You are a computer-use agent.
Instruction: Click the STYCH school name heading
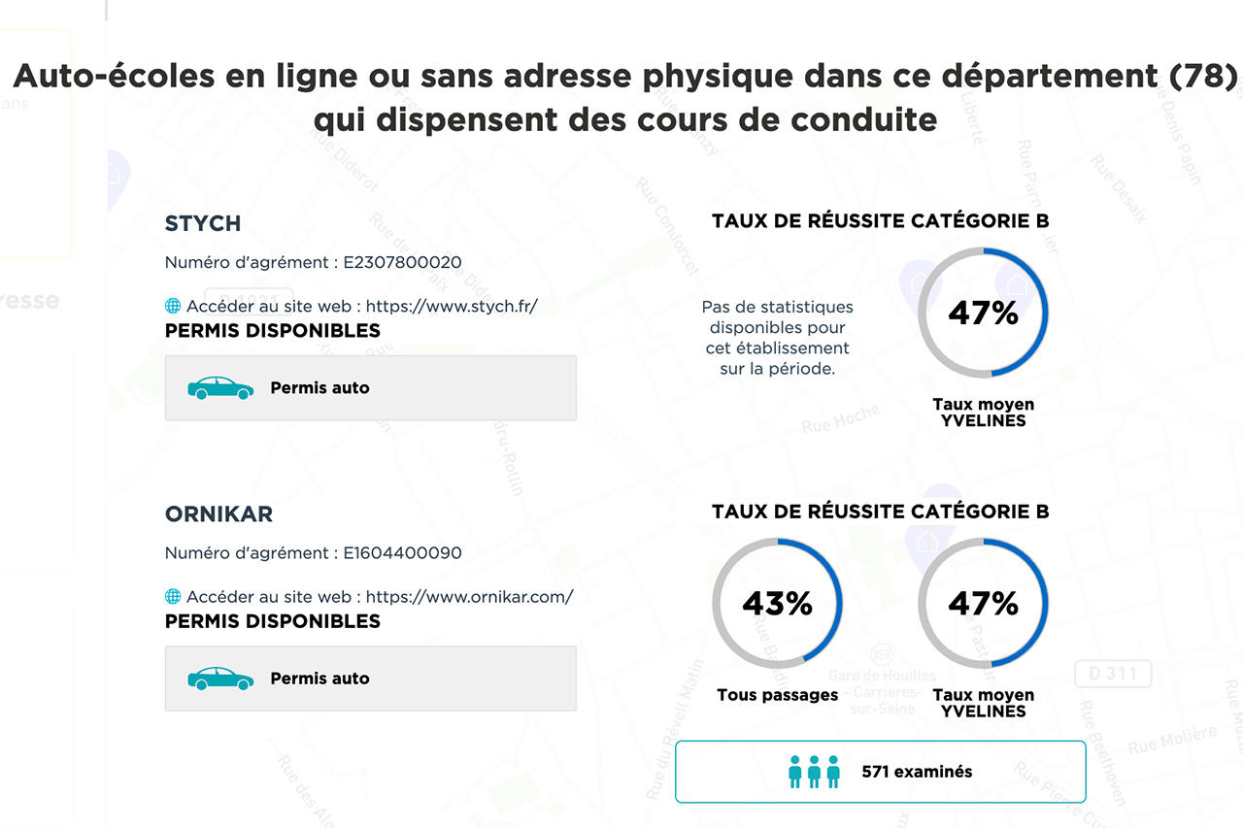pyautogui.click(x=202, y=223)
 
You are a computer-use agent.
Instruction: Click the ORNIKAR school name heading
pyautogui.click(x=218, y=514)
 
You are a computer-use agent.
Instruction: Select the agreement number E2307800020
pyautogui.click(x=402, y=262)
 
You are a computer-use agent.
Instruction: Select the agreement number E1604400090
pyautogui.click(x=402, y=553)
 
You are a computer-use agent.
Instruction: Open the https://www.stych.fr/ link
pyautogui.click(x=452, y=306)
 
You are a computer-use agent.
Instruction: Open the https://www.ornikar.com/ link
pyautogui.click(x=469, y=597)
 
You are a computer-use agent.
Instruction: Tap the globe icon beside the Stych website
pyautogui.click(x=173, y=306)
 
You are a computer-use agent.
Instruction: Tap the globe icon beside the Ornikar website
pyautogui.click(x=173, y=597)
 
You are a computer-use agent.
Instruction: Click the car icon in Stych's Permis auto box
pyautogui.click(x=220, y=388)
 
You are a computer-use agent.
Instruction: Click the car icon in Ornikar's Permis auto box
pyautogui.click(x=220, y=679)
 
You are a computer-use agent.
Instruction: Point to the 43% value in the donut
pyautogui.click(x=777, y=604)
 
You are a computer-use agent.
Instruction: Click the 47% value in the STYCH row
pyautogui.click(x=983, y=313)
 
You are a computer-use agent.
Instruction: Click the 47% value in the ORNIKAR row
pyautogui.click(x=983, y=604)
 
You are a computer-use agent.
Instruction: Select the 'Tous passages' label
pyautogui.click(x=777, y=695)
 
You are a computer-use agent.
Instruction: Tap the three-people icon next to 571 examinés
pyautogui.click(x=814, y=772)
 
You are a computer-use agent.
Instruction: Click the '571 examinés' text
pyautogui.click(x=917, y=772)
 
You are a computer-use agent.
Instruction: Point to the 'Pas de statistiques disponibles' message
pyautogui.click(x=777, y=337)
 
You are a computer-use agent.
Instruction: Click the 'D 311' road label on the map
pyautogui.click(x=1113, y=674)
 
